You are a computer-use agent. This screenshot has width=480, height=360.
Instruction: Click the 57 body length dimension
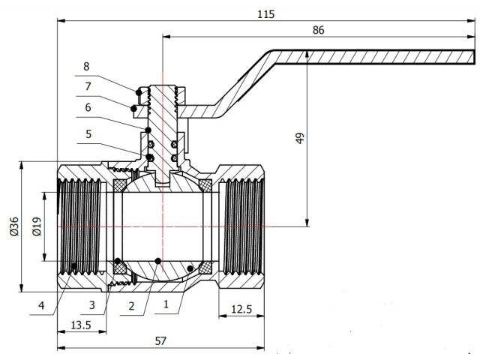160,340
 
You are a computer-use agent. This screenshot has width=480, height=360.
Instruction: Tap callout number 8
87,66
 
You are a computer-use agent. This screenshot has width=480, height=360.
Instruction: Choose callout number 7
87,86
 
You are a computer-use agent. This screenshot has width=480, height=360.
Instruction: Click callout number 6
87,107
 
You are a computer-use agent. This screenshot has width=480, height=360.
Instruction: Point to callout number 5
87,135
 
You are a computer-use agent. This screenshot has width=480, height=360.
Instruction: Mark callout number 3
92,305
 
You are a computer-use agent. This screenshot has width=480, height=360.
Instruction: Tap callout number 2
132,305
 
